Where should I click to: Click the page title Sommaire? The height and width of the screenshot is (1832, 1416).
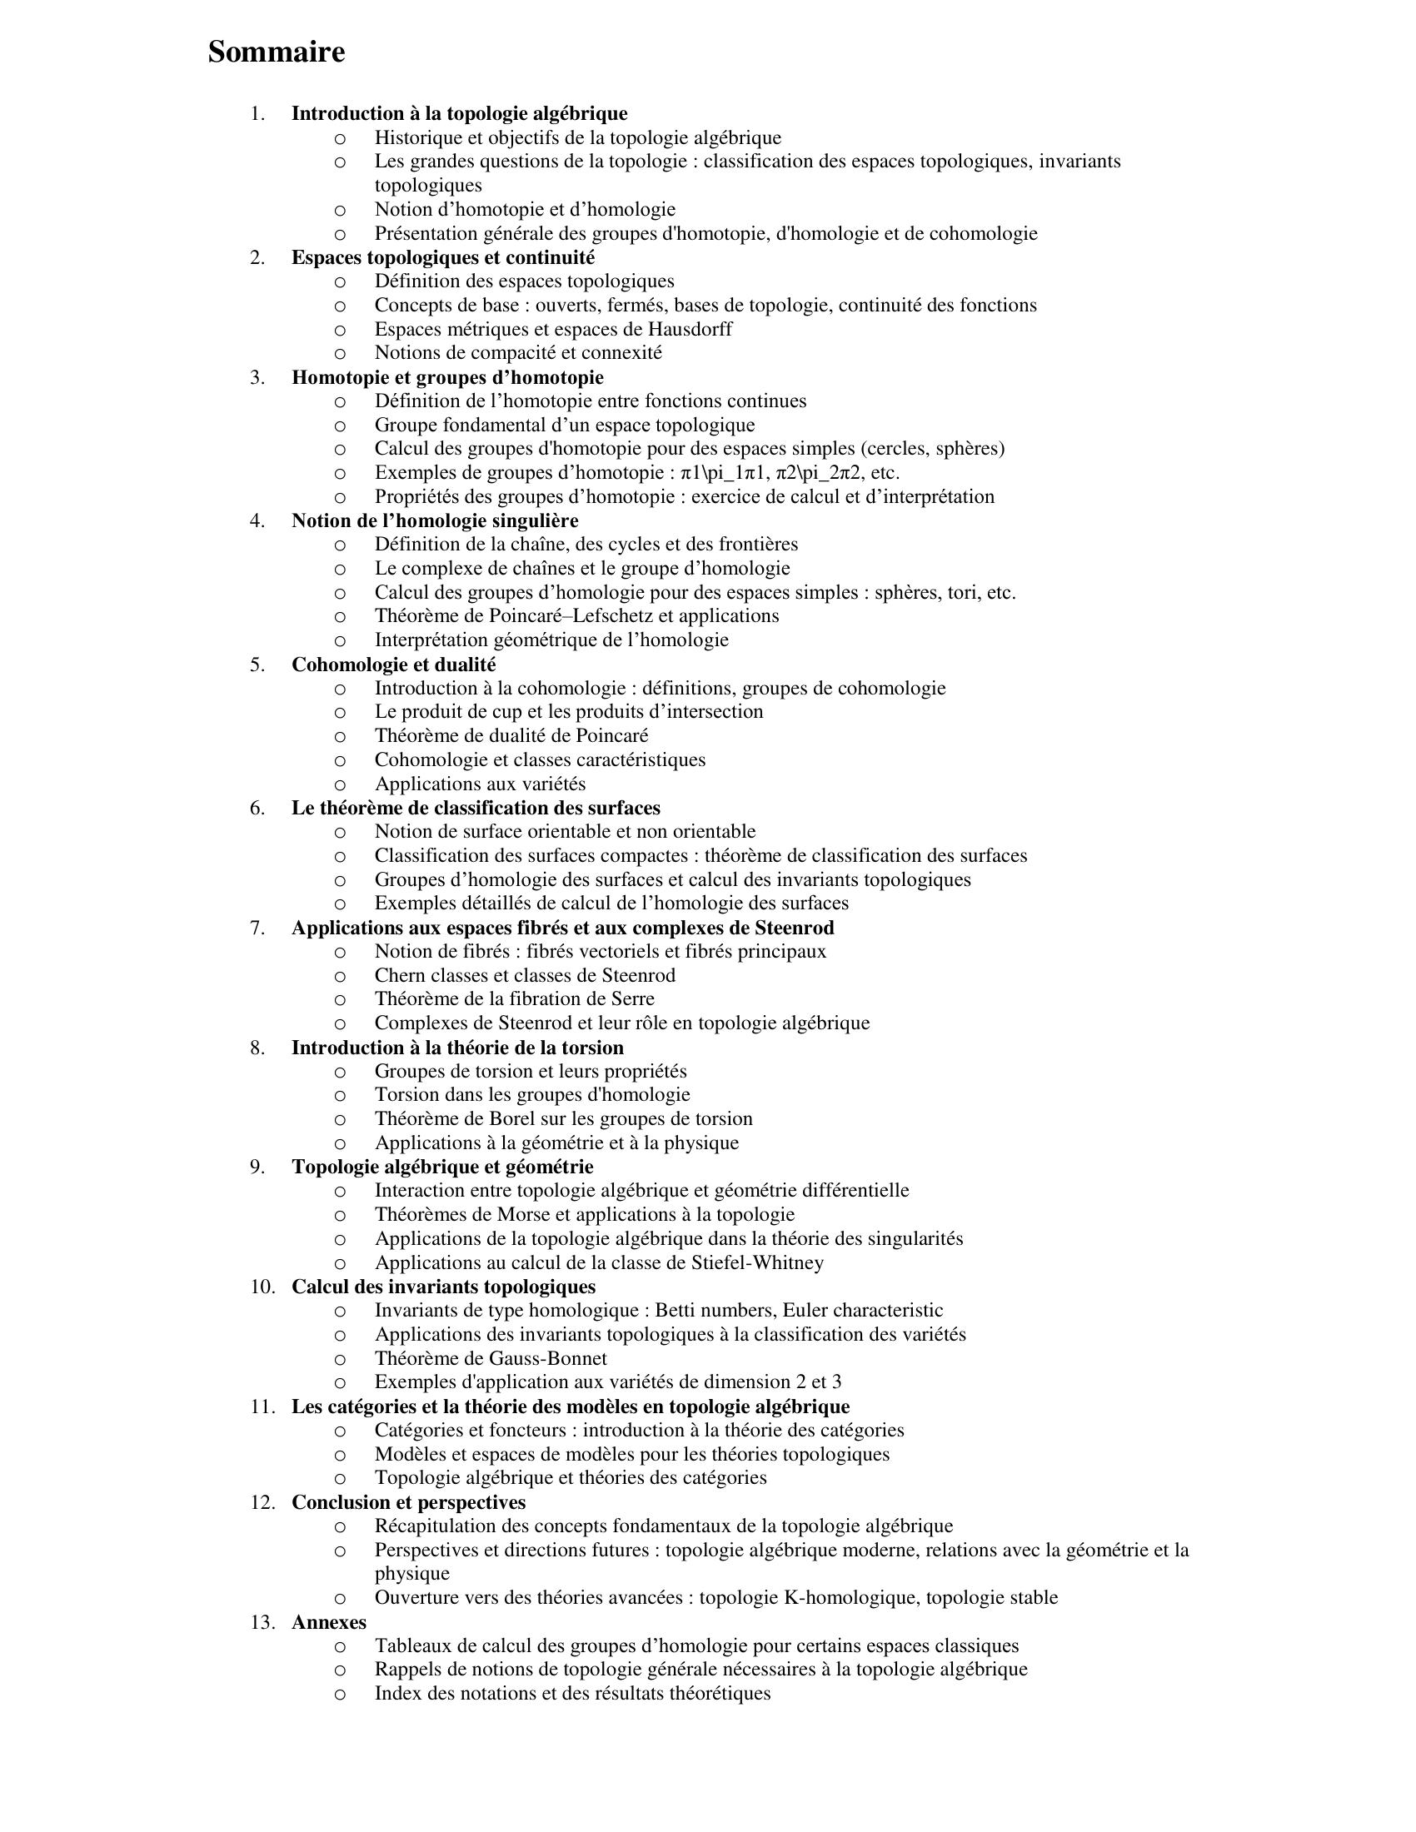[x=276, y=52]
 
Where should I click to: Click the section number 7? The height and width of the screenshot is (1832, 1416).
[x=257, y=928]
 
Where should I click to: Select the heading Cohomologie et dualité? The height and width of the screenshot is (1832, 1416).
[x=393, y=665]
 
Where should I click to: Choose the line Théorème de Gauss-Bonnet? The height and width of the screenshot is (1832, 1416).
[x=491, y=1358]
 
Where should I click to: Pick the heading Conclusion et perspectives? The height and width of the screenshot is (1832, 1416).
[x=408, y=1502]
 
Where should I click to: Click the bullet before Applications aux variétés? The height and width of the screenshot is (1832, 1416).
[x=340, y=785]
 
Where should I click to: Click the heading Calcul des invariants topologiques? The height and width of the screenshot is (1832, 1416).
[x=443, y=1287]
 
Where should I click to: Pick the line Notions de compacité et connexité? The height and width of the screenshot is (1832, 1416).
[x=517, y=352]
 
